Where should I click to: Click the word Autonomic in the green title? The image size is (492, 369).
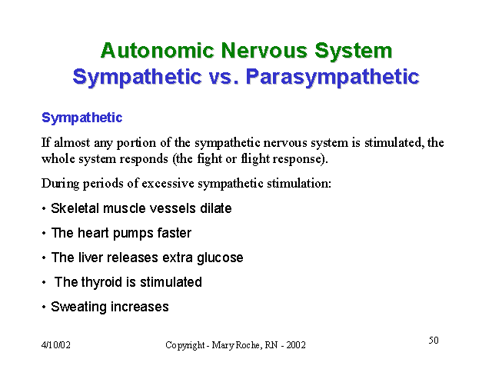point(157,50)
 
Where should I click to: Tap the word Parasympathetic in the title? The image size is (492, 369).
point(333,77)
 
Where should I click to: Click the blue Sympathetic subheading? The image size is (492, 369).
point(82,118)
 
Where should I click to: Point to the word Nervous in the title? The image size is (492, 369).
point(264,50)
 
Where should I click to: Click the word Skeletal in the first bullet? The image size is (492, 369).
point(75,208)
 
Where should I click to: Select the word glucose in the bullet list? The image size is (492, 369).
point(220,258)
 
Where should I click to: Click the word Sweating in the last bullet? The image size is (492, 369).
point(78,307)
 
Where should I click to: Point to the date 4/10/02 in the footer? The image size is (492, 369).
point(56,345)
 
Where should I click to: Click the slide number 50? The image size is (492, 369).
point(434,340)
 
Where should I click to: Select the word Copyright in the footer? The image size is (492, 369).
point(185,345)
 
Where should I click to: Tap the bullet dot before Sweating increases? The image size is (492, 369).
point(44,307)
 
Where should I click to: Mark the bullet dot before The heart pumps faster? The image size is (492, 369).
point(44,234)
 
